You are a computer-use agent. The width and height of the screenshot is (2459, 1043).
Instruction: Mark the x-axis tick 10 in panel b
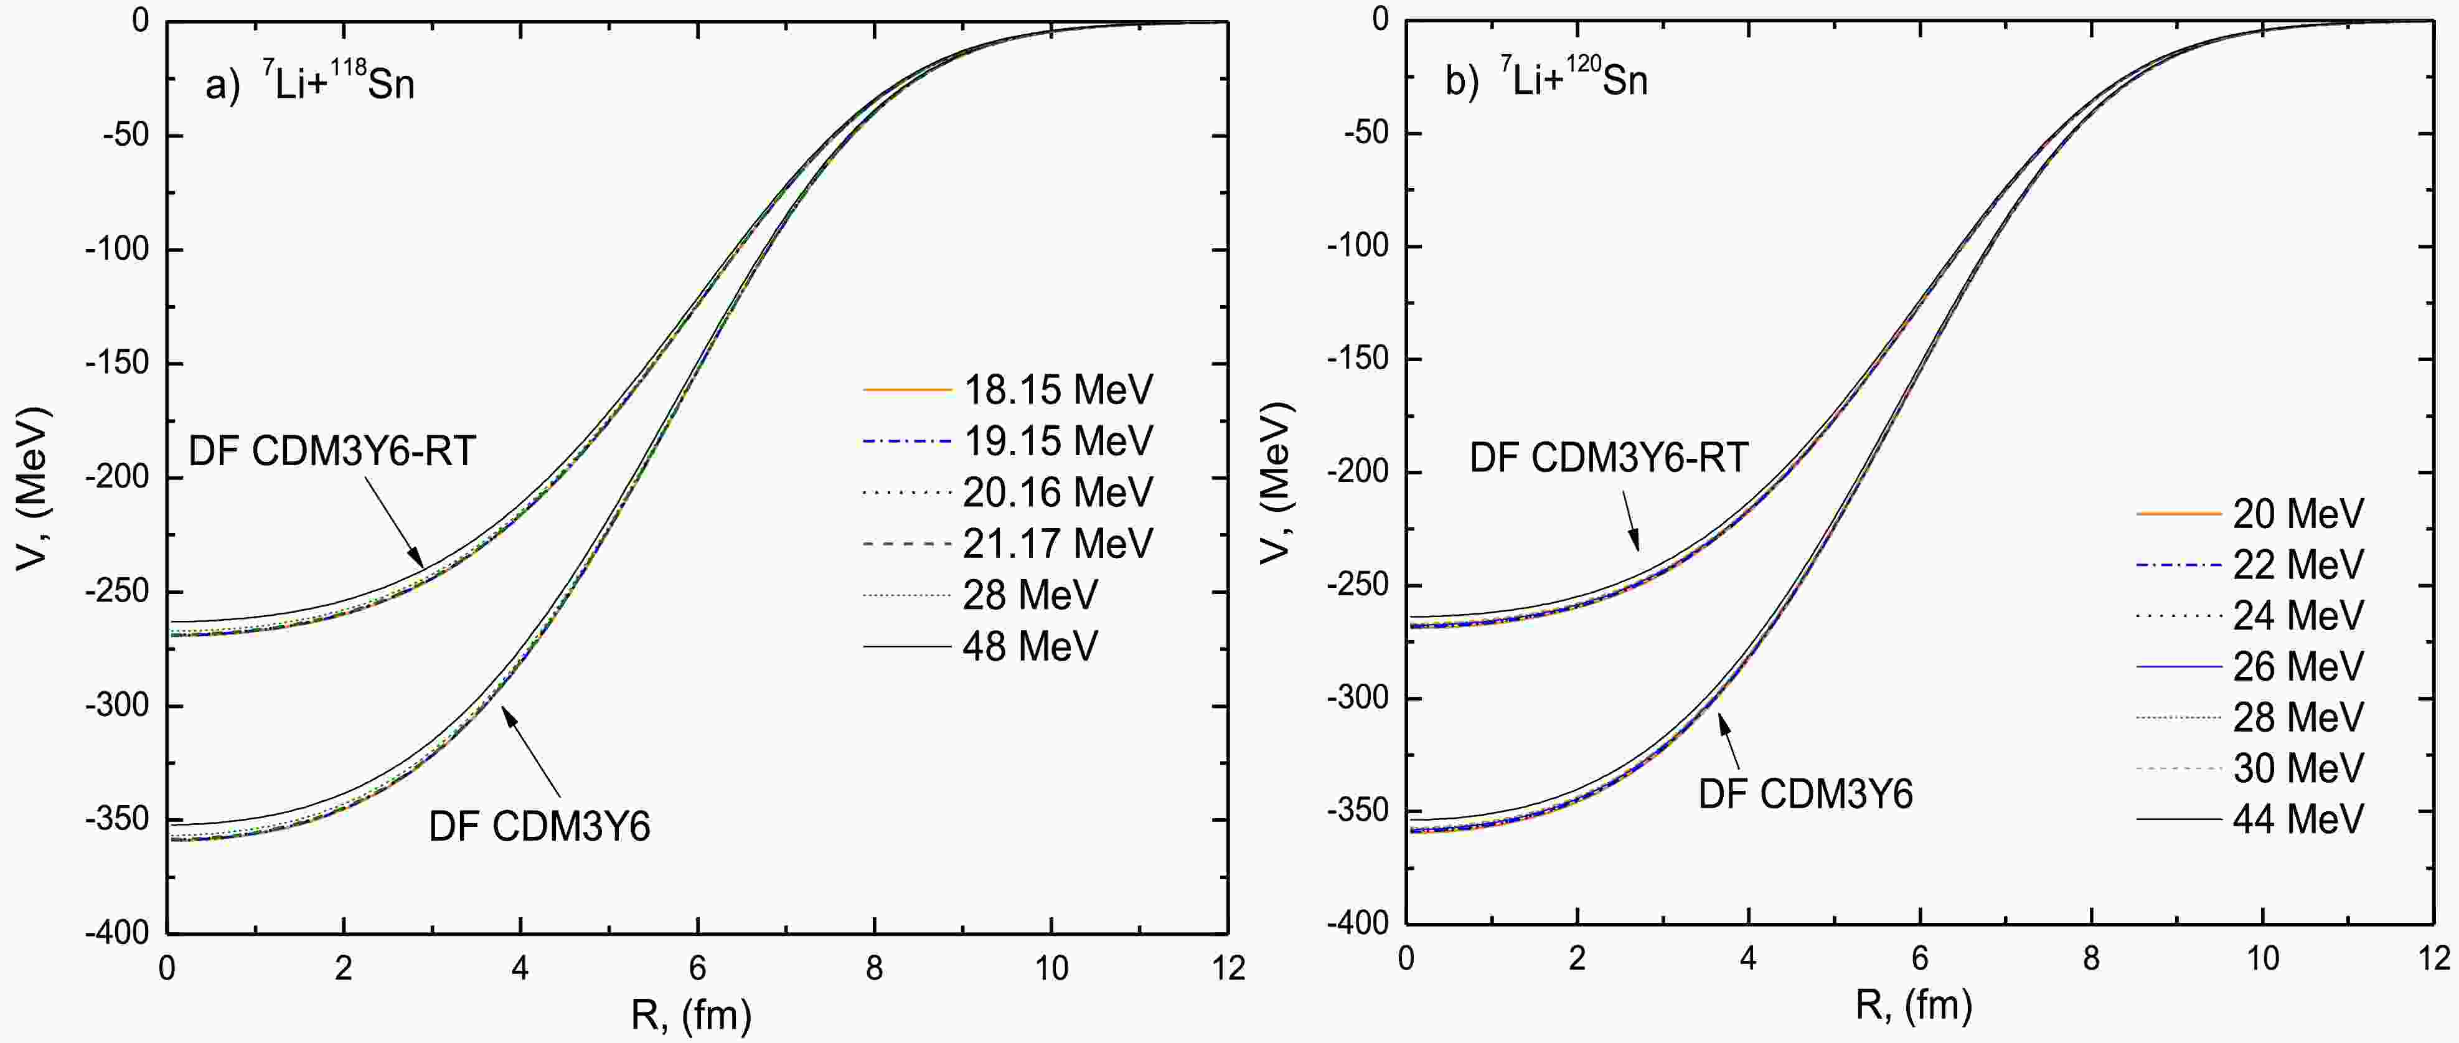tap(2262, 958)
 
